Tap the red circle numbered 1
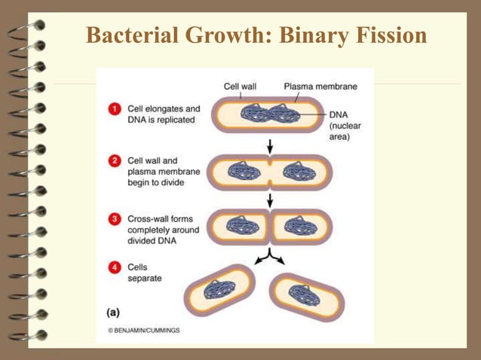coord(115,110)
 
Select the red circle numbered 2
coord(115,160)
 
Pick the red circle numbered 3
coord(115,219)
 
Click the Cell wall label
coord(240,87)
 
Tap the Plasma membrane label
coord(320,87)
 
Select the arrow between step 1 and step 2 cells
coord(270,144)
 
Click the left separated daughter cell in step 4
coord(219,290)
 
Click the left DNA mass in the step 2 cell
coord(243,172)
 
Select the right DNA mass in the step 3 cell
coord(296,225)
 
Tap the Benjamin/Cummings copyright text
coord(143,330)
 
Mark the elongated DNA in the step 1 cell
coord(270,115)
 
